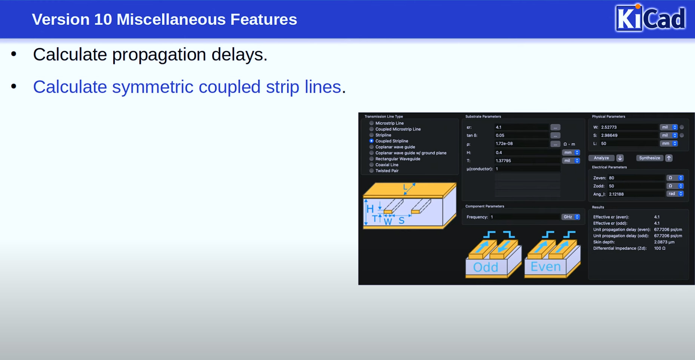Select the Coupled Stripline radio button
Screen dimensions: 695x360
click(371, 141)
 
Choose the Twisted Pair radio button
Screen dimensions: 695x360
click(371, 170)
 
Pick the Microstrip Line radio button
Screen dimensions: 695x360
click(371, 123)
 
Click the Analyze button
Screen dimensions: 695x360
click(601, 158)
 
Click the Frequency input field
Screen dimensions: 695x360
click(525, 217)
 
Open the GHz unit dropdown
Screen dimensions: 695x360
click(571, 217)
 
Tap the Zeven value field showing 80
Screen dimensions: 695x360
click(636, 178)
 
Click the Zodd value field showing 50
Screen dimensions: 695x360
click(636, 186)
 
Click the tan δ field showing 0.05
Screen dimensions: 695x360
click(522, 135)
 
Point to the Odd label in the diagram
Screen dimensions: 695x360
click(486, 267)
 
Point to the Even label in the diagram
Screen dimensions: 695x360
click(545, 267)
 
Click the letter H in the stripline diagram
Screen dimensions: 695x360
click(370, 209)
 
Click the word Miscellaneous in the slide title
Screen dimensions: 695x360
click(171, 19)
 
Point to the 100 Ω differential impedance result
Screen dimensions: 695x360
click(659, 248)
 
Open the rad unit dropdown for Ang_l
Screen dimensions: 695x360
click(675, 194)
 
